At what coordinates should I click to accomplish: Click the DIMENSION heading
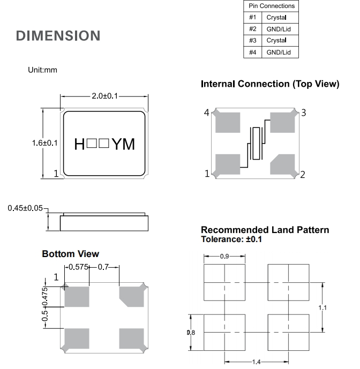(58, 36)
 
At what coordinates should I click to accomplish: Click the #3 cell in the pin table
(252, 40)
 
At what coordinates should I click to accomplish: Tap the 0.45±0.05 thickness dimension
(25, 208)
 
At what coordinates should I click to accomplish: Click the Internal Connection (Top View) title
(269, 84)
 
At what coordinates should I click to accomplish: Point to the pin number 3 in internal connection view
(303, 112)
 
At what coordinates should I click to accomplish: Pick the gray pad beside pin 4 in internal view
(228, 122)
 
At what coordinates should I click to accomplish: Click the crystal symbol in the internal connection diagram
(257, 143)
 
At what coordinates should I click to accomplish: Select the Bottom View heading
(71, 253)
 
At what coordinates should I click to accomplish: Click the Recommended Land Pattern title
(265, 230)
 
